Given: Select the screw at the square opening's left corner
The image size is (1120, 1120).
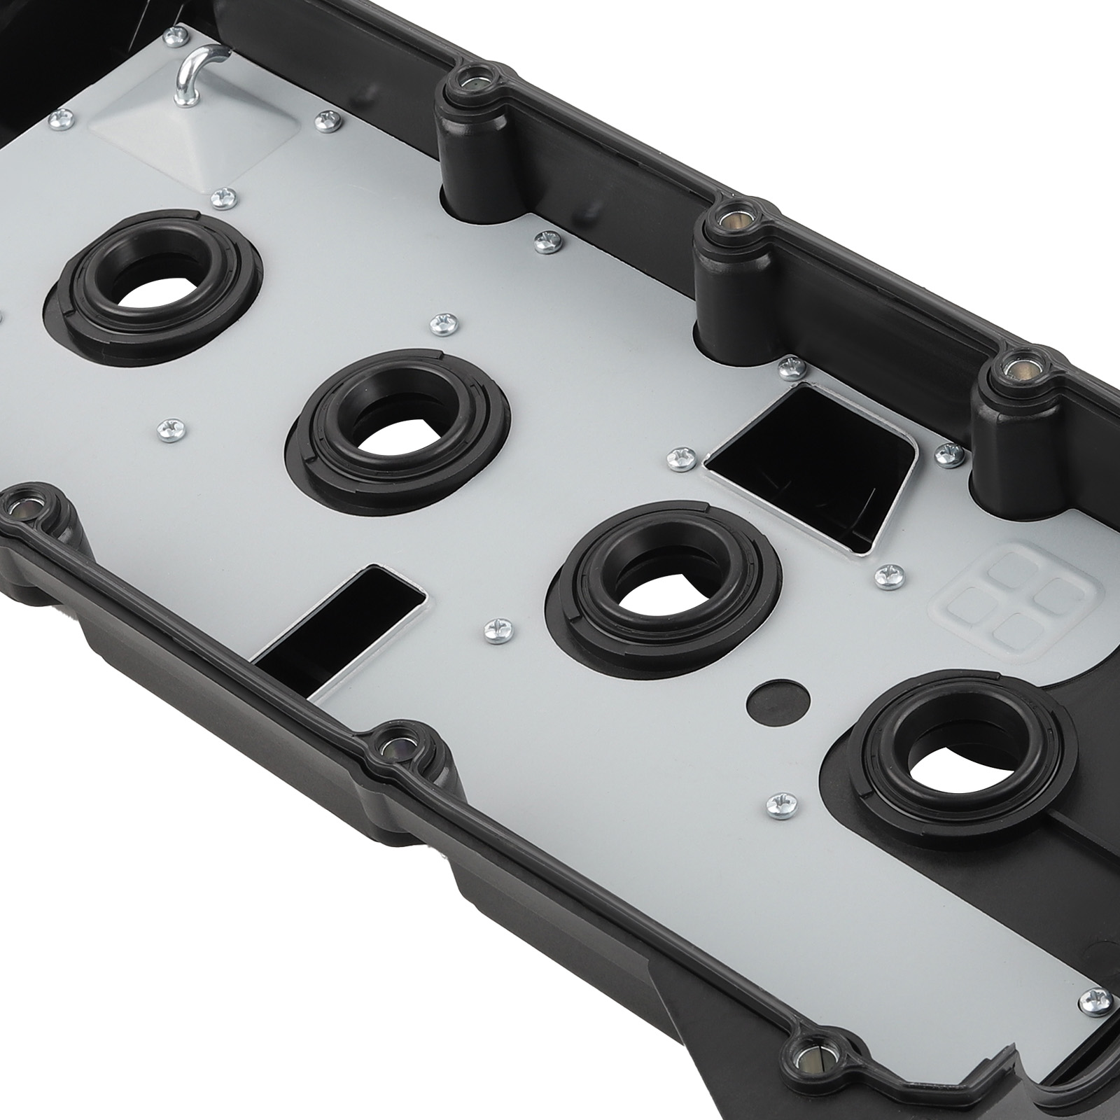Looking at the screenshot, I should click(x=680, y=457).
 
